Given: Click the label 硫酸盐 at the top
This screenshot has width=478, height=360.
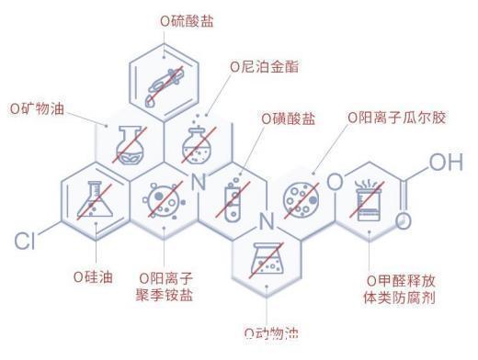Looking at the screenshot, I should coord(187,19).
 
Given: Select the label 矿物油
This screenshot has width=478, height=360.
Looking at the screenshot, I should coord(38,108).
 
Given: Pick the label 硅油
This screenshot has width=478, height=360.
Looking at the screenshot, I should coord(93,276).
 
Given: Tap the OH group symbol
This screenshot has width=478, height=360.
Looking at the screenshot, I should coord(446,163).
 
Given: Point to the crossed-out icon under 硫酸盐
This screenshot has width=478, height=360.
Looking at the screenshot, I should coord(165,81).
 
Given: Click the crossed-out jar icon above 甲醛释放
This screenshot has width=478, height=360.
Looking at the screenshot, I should coord(369,198).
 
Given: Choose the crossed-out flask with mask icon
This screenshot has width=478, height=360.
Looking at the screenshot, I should coord(130,142).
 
